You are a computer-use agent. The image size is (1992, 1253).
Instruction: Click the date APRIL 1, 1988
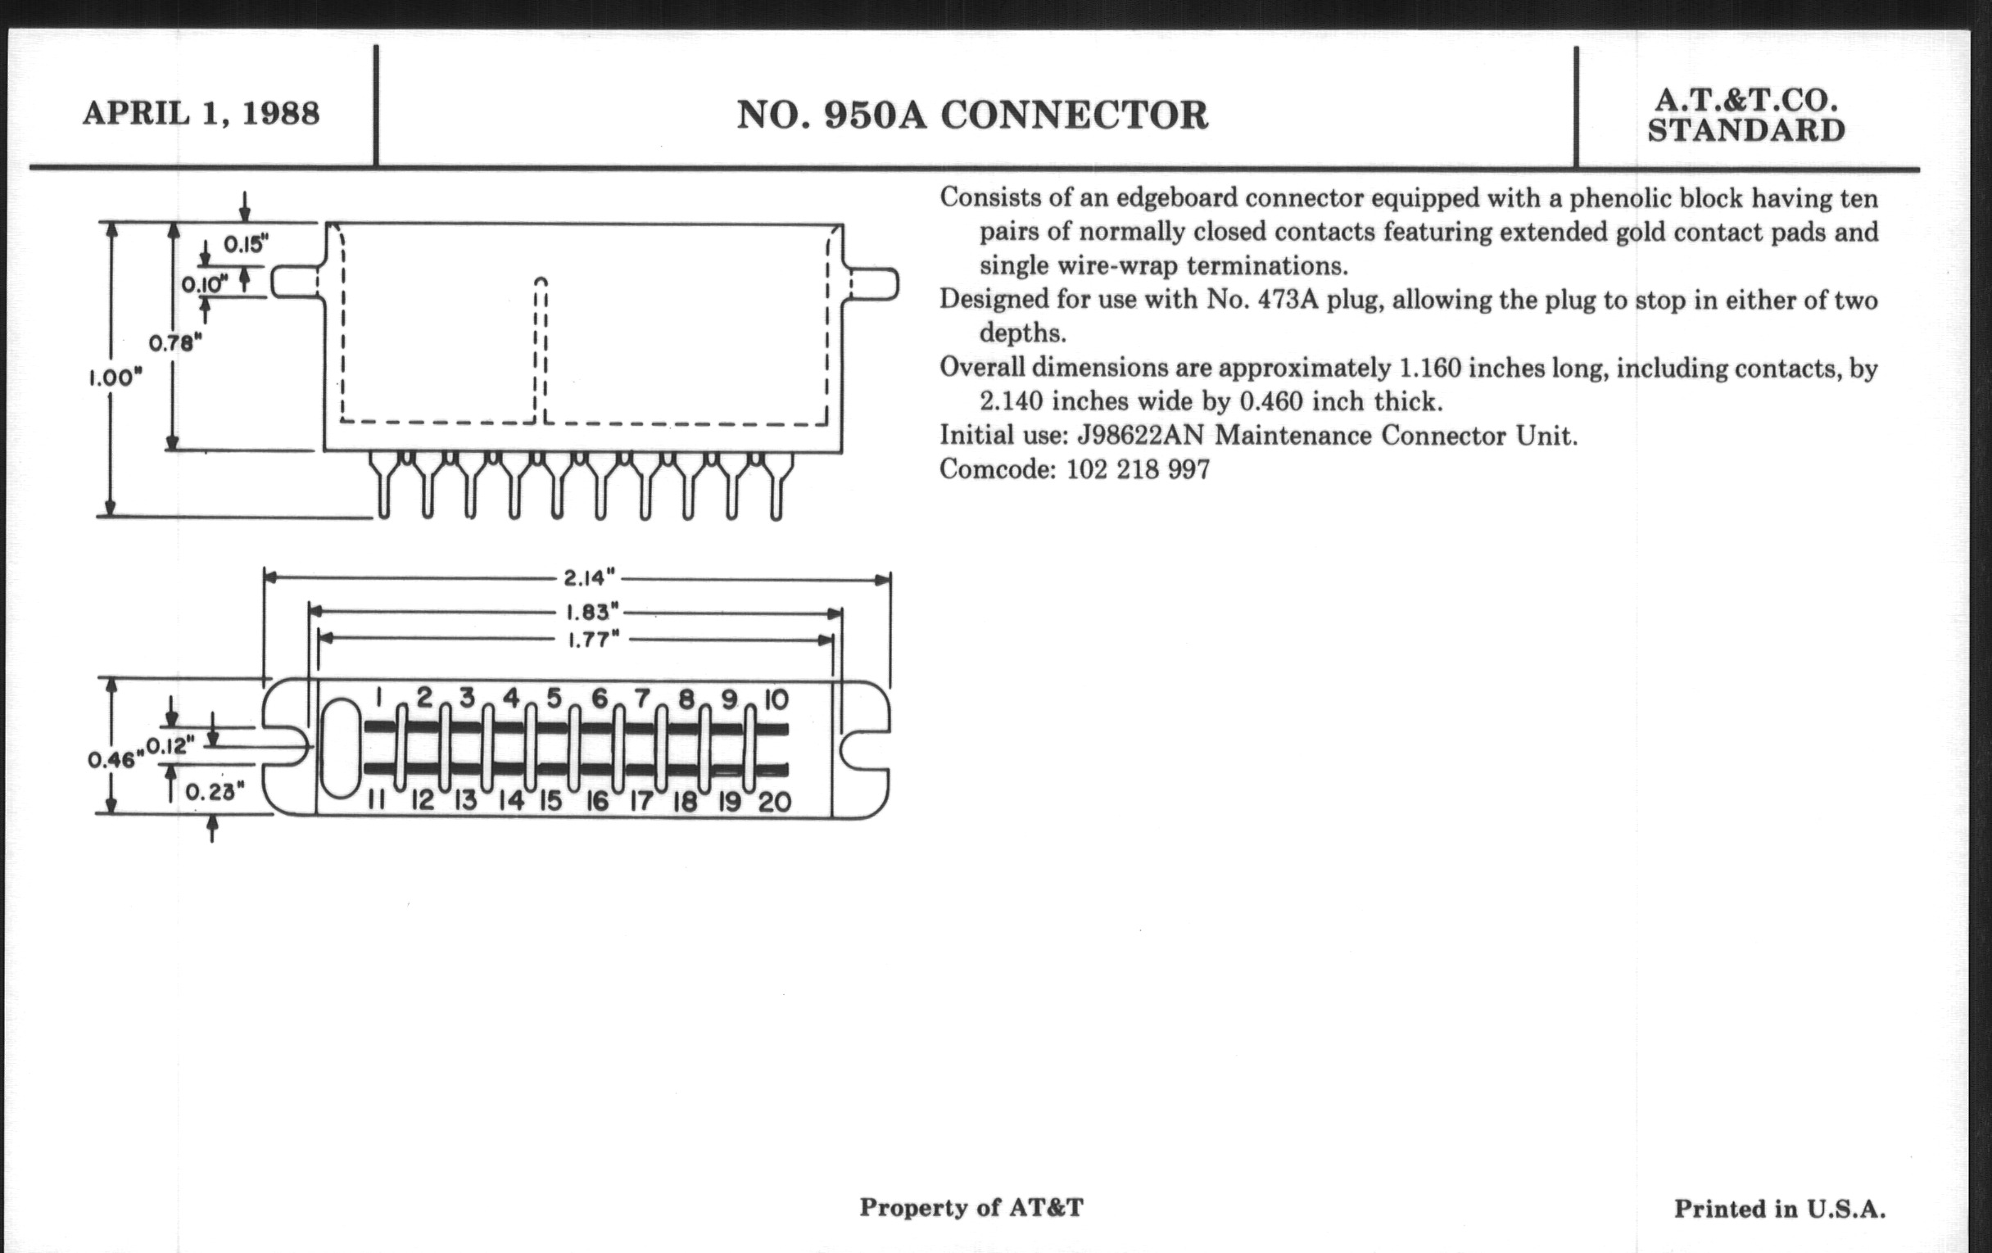[x=201, y=113]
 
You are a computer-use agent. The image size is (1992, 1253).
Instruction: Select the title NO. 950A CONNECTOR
[x=972, y=115]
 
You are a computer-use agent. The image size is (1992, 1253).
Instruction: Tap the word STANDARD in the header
[x=1745, y=131]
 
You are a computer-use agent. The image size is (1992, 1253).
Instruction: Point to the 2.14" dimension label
[x=590, y=577]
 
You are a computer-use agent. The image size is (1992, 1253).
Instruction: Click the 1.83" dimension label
[x=591, y=612]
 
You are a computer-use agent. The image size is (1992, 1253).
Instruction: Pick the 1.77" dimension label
[x=592, y=640]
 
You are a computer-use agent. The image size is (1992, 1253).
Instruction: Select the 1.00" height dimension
[x=115, y=378]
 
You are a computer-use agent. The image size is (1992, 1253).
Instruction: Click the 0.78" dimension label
[x=175, y=342]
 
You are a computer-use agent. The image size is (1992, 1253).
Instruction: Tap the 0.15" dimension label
[x=246, y=244]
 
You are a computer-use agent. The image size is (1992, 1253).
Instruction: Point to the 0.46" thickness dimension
[x=111, y=759]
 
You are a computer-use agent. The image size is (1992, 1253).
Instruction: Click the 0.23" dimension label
[x=215, y=792]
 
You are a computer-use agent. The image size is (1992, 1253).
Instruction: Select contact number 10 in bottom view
[x=776, y=700]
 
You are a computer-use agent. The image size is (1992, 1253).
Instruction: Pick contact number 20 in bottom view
[x=774, y=802]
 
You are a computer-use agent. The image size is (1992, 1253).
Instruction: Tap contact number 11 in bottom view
[x=376, y=801]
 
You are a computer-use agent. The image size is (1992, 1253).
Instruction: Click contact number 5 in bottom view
[x=554, y=699]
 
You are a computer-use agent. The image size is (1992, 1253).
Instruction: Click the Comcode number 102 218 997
[x=1138, y=470]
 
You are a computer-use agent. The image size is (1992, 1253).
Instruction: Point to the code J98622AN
[x=1140, y=436]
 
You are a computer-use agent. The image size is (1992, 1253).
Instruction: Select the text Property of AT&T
[x=971, y=1207]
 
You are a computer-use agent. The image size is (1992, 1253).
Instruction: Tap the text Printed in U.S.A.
[x=1779, y=1209]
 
